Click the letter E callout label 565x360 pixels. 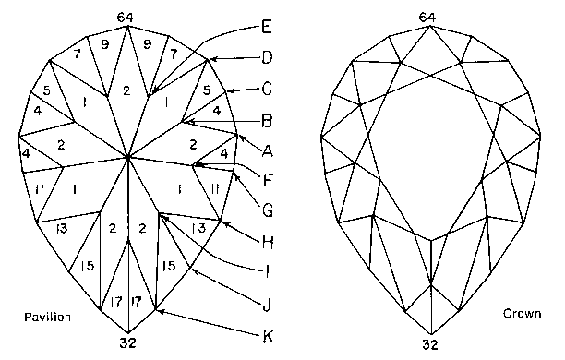tap(268, 25)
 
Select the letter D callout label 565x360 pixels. tap(267, 57)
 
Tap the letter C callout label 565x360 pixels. tap(267, 90)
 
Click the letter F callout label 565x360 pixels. tap(267, 181)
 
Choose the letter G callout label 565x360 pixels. tap(267, 210)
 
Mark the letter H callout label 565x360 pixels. tap(267, 242)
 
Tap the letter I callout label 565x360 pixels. tap(268, 271)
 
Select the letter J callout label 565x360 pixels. tap(267, 302)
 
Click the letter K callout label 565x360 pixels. tap(268, 334)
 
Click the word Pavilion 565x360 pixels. tap(47, 317)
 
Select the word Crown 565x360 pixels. tap(521, 315)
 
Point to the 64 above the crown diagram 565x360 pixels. tap(427, 17)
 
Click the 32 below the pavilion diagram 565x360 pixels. tap(128, 344)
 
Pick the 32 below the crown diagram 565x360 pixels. tap(430, 344)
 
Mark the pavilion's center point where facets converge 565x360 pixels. tap(128, 158)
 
